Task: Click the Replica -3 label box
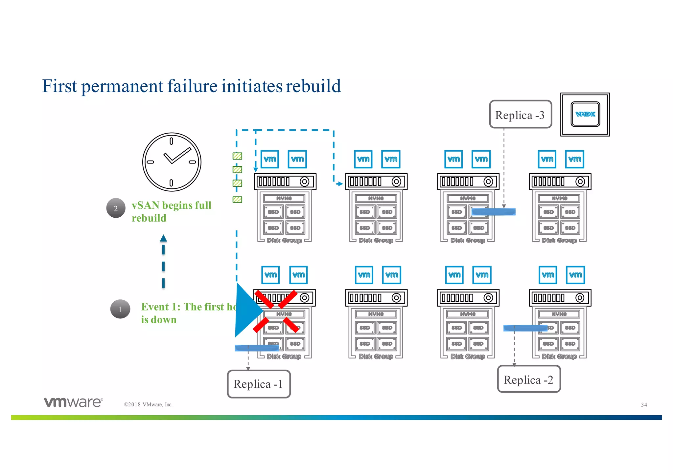tap(520, 115)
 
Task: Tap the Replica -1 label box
tap(259, 384)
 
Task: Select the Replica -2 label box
tap(528, 379)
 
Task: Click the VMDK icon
tap(585, 114)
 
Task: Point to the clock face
tap(172, 162)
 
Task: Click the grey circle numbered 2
tap(116, 208)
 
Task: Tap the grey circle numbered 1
tap(120, 309)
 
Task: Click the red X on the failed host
tap(276, 311)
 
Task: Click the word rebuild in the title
tap(313, 86)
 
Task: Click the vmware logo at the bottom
tap(74, 402)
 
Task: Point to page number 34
tap(644, 405)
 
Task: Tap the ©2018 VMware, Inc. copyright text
tap(148, 404)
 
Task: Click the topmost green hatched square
tap(237, 156)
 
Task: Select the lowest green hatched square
tap(237, 199)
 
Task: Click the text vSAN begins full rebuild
tap(171, 211)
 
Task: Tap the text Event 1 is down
tap(187, 313)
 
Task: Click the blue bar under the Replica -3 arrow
tap(493, 212)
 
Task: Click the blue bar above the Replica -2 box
tap(525, 328)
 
